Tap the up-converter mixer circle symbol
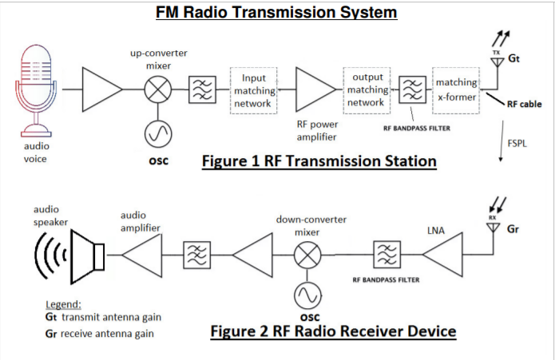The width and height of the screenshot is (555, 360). coord(158,89)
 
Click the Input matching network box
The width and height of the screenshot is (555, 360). coord(253,91)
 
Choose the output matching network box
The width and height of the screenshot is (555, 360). coord(367,90)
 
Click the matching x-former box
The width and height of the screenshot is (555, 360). coord(456,89)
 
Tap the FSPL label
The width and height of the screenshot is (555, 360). coord(517,143)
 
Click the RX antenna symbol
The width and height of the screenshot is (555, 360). coord(494,227)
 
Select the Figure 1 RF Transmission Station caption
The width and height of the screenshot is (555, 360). coord(319,161)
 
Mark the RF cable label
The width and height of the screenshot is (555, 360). coord(525,104)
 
